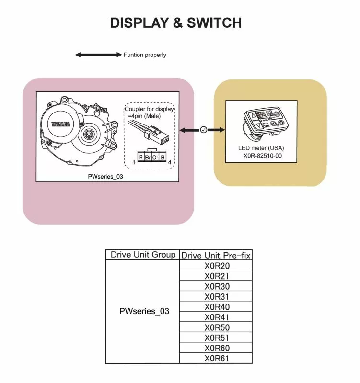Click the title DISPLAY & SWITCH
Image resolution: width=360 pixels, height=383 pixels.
176,23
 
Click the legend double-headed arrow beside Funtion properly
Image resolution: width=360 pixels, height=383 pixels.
98,55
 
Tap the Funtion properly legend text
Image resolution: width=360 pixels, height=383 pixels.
145,55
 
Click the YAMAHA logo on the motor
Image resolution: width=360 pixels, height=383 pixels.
60,124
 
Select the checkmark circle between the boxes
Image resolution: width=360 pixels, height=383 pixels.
203,130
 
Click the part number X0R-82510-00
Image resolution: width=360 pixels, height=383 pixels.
262,156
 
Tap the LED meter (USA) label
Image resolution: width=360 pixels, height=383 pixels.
261,148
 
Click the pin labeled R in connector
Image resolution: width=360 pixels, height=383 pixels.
141,157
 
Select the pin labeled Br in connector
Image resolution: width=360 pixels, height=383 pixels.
148,157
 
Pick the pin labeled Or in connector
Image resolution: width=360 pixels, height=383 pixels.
155,157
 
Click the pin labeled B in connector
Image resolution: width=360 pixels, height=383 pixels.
163,157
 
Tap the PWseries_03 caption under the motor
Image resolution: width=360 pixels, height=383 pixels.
105,176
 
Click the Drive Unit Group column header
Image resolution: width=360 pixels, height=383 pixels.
143,255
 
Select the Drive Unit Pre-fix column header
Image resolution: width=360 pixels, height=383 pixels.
216,255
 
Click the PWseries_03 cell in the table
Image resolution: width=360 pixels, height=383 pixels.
144,311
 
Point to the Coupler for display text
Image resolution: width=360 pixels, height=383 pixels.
149,109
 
